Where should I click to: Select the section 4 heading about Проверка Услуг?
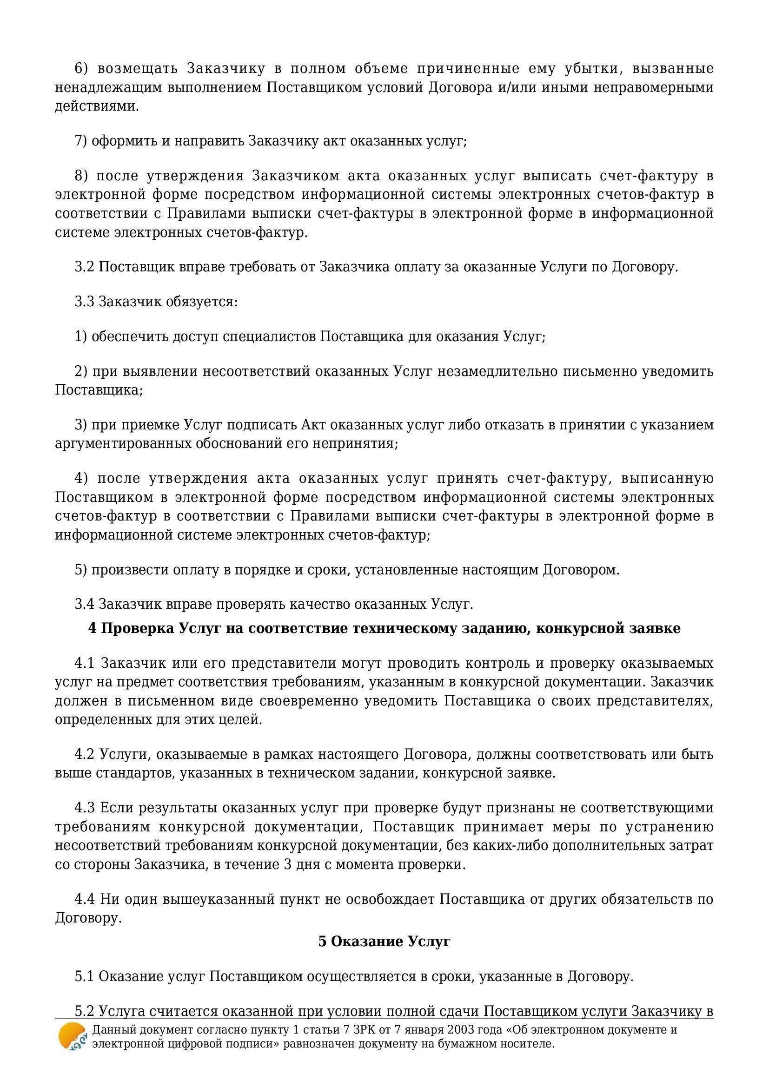tap(384, 628)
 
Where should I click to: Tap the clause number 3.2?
tap(84, 267)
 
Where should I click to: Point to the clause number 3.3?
tap(84, 302)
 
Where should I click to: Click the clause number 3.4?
tap(84, 604)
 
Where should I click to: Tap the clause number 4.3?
tap(84, 808)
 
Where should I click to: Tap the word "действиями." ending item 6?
tap(97, 106)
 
